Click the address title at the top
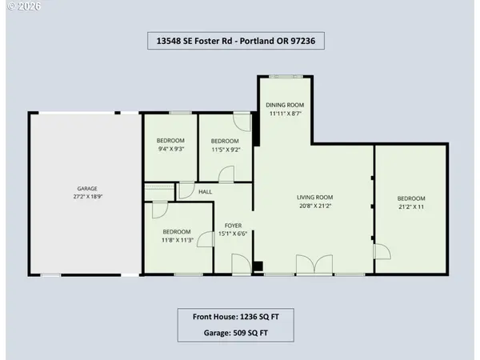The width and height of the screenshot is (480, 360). tap(235, 40)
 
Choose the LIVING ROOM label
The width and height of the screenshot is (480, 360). tap(314, 197)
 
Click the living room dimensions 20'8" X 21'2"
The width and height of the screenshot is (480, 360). tap(314, 206)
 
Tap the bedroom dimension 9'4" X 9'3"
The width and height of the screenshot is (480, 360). tap(170, 149)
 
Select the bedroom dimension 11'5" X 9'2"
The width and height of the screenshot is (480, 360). tap(226, 149)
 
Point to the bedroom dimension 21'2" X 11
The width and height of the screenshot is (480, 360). tap(411, 207)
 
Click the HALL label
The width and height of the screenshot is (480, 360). tap(205, 192)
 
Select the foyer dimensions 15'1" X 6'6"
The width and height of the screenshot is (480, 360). tap(233, 234)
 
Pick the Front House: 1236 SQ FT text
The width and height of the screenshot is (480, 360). tap(234, 317)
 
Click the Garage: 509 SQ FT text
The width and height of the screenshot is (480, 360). tap(234, 333)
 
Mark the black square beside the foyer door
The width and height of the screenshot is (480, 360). tap(258, 267)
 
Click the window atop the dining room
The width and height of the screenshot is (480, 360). tap(284, 76)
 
